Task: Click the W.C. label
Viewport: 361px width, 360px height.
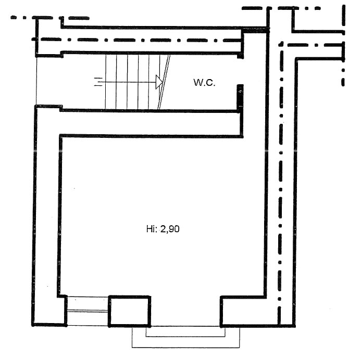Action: tap(204, 83)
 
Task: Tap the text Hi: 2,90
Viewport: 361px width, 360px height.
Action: tap(163, 229)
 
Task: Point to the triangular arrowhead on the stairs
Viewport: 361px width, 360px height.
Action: tap(159, 82)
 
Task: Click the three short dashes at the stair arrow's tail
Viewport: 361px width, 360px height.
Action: tap(98, 82)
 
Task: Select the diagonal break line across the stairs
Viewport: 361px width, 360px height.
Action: tap(164, 82)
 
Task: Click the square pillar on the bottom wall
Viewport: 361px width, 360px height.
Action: tap(129, 311)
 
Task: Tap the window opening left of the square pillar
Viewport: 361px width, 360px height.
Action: tap(88, 311)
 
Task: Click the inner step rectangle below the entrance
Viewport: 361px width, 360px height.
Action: tap(185, 332)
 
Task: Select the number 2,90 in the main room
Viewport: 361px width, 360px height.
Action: tap(170, 229)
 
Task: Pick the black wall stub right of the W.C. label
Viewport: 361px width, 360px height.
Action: tap(240, 97)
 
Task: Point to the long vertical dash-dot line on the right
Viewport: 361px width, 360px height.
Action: tap(280, 184)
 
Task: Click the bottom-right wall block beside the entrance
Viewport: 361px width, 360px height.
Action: tap(244, 312)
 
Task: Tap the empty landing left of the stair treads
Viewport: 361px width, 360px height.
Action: tap(71, 82)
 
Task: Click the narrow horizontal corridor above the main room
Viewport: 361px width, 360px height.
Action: tap(150, 124)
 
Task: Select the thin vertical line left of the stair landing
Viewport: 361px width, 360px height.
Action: tap(36, 81)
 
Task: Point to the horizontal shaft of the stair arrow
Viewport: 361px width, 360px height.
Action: tap(129, 82)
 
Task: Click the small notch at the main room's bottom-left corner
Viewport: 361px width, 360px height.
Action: tap(62, 296)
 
